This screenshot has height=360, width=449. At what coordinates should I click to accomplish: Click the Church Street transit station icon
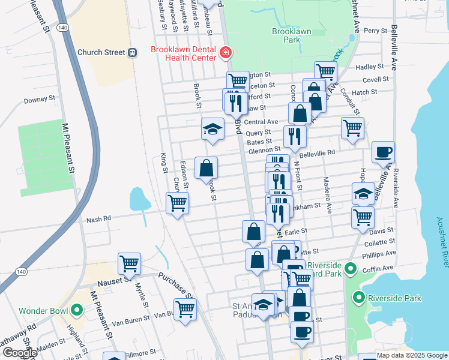pyautogui.click(x=131, y=52)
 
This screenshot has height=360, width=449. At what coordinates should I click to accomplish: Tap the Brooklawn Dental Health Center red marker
pyautogui.click(x=226, y=53)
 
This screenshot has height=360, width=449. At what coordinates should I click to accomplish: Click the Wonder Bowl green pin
pyautogui.click(x=76, y=310)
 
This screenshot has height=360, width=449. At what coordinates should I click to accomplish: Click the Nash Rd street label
pyautogui.click(x=98, y=219)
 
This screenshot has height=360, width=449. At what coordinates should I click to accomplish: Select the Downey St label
pyautogui.click(x=40, y=100)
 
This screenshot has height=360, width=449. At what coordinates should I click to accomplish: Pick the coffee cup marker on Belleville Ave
pyautogui.click(x=383, y=153)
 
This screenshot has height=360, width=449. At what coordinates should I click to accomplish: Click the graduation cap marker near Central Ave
pyautogui.click(x=212, y=128)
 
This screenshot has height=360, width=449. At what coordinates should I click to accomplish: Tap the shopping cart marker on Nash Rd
pyautogui.click(x=178, y=203)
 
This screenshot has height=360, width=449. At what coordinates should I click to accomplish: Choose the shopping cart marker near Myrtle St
pyautogui.click(x=130, y=263)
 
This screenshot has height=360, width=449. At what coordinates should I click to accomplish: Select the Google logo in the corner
pyautogui.click(x=19, y=353)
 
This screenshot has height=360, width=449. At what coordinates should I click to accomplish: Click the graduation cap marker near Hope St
pyautogui.click(x=363, y=193)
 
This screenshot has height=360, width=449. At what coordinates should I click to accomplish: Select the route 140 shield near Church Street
pyautogui.click(x=62, y=28)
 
